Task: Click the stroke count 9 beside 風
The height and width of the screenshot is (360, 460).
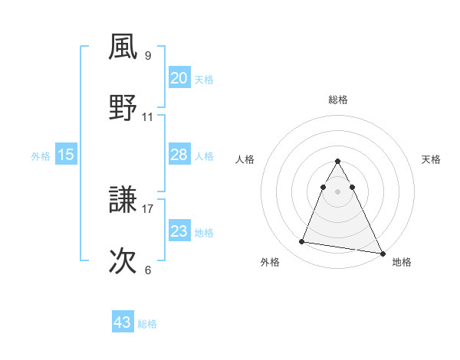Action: (x=148, y=55)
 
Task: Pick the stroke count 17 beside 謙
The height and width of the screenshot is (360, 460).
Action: (x=148, y=208)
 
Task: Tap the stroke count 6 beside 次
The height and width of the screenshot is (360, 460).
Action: (x=148, y=270)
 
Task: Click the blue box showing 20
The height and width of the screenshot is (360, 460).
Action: (x=179, y=78)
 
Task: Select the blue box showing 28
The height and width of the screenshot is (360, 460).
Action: (x=179, y=155)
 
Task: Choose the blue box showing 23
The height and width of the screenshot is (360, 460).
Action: (x=179, y=231)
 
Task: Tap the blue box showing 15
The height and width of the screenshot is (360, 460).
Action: (x=66, y=155)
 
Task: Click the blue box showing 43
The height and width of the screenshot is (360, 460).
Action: (x=123, y=322)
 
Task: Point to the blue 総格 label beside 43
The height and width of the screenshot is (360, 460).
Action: (x=147, y=324)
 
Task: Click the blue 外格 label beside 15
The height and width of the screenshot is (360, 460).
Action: (x=41, y=156)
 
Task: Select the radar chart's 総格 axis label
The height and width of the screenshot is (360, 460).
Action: (x=338, y=100)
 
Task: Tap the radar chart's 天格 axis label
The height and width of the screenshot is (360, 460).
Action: (x=431, y=159)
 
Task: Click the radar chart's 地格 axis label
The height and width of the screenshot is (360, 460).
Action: (x=402, y=262)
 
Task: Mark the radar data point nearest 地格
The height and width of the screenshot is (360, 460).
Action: (x=382, y=252)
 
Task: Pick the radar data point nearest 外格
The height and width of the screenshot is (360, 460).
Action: (x=301, y=242)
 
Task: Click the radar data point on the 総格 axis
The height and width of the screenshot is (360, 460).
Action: (x=338, y=162)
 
